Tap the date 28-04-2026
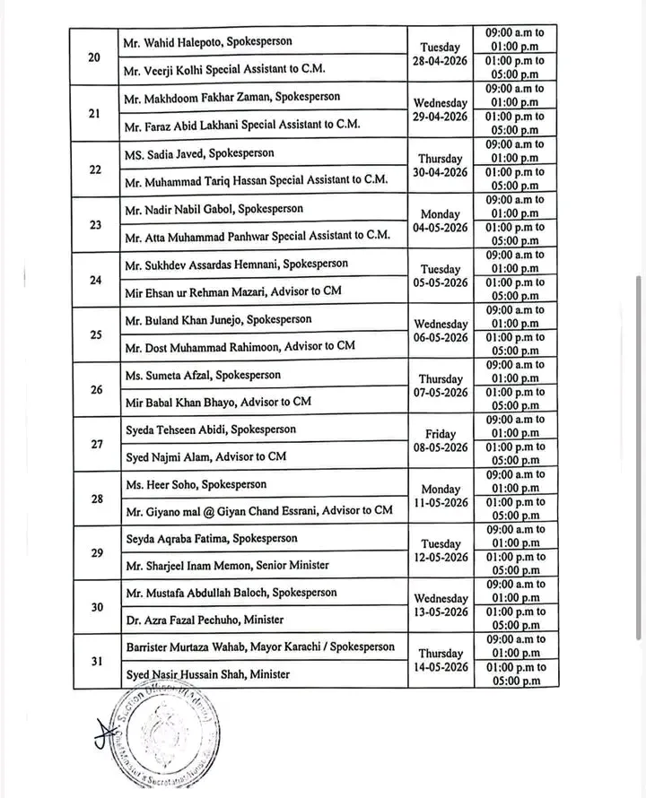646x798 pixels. pyautogui.click(x=441, y=62)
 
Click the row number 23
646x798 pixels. pyautogui.click(x=95, y=224)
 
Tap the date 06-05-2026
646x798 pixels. pyautogui.click(x=441, y=338)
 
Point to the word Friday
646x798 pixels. pyautogui.click(x=441, y=434)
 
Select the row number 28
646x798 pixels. pyautogui.click(x=95, y=499)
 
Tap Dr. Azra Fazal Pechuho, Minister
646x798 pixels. pyautogui.click(x=206, y=620)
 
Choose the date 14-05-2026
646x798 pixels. pyautogui.click(x=441, y=668)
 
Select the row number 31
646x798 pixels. pyautogui.click(x=95, y=662)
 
